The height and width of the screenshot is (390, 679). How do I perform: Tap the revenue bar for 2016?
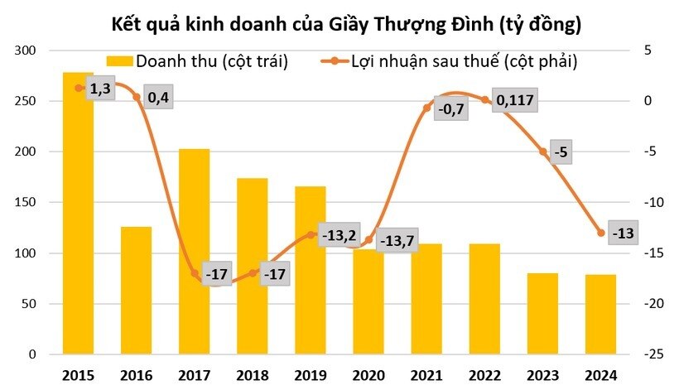[x=137, y=290]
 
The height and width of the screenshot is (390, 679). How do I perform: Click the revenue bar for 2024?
[x=601, y=315]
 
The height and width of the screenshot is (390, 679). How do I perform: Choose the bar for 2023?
[x=543, y=314]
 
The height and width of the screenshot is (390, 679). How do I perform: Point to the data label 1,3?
[x=99, y=89]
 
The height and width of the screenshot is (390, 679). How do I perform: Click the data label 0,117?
[x=514, y=101]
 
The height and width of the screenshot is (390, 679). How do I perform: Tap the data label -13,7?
[x=398, y=242]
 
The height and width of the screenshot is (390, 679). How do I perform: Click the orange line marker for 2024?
[x=601, y=233]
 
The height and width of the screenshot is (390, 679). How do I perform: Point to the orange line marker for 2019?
[x=311, y=235]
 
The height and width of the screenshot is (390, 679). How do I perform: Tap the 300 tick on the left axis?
[x=28, y=51]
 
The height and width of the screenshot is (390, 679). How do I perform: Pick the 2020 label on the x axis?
[x=369, y=374]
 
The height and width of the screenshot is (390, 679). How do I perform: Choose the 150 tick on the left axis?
[x=28, y=203]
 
